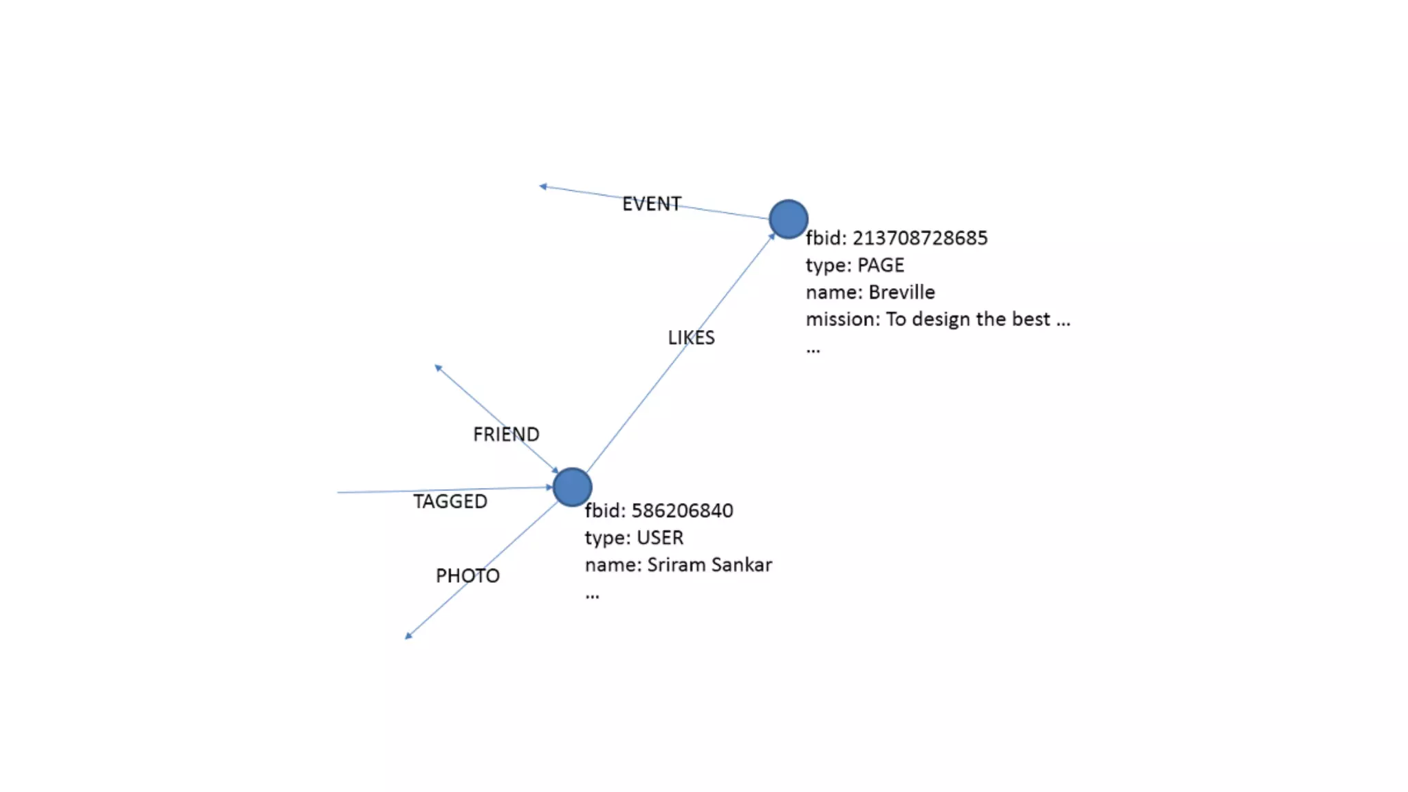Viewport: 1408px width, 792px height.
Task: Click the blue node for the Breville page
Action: tap(788, 219)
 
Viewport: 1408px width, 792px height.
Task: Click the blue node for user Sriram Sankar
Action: tap(572, 487)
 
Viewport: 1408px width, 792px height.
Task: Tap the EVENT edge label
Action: tap(651, 204)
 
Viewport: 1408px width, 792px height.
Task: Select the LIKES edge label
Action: tap(691, 338)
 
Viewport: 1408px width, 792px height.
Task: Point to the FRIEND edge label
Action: tap(506, 434)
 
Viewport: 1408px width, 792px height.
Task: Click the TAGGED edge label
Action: tap(450, 502)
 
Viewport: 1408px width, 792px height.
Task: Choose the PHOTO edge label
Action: tap(467, 576)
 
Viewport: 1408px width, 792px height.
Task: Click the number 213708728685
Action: tap(920, 239)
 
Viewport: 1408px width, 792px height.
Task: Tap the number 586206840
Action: tap(682, 511)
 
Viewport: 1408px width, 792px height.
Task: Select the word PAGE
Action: tap(881, 265)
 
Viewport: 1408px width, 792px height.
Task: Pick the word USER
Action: tap(660, 538)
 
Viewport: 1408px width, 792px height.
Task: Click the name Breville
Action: tap(901, 292)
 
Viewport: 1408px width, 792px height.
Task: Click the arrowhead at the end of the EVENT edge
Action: tap(543, 186)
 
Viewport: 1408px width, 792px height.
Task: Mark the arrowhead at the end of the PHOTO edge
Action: tap(408, 636)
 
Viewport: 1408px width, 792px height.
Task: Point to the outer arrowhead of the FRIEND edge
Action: tap(438, 368)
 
